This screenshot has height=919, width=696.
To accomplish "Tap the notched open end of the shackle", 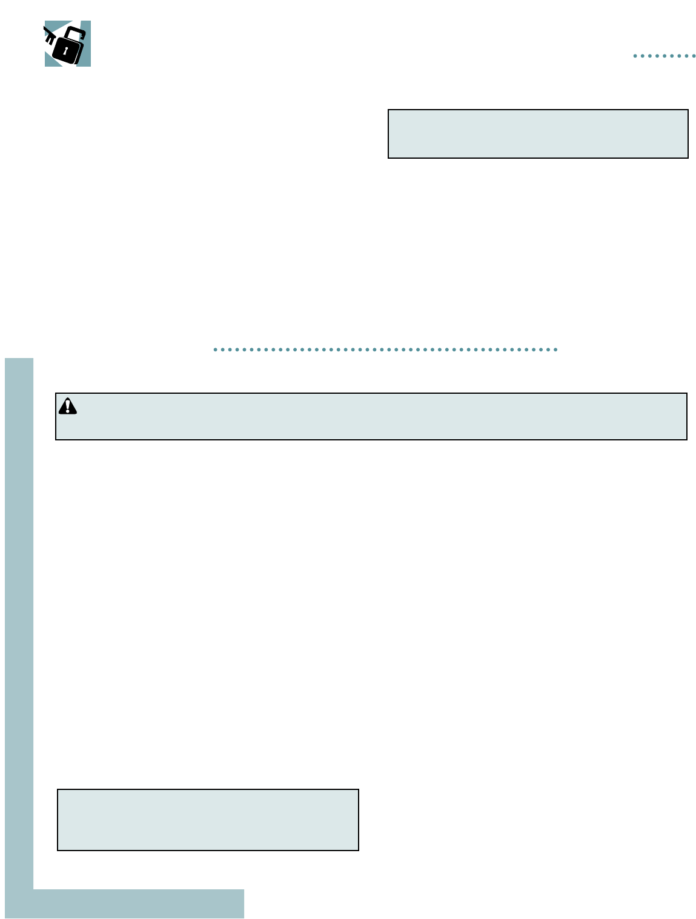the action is [x=82, y=38].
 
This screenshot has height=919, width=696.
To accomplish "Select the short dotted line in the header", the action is [x=665, y=56].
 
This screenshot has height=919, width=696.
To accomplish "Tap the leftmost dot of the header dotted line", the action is [x=635, y=56].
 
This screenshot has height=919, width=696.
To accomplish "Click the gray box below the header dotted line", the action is [x=538, y=134].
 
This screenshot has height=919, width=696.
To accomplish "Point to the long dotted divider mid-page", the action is [x=385, y=350].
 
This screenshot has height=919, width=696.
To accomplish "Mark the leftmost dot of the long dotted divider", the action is [x=215, y=350].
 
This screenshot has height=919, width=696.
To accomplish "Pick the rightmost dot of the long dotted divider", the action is [x=555, y=350].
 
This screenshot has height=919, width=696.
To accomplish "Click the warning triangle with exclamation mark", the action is [x=68, y=406].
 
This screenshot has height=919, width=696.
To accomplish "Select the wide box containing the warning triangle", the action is [x=371, y=416].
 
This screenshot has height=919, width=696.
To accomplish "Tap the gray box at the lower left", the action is [x=208, y=820].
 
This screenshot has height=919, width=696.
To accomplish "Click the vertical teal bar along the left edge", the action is [x=19, y=606].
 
